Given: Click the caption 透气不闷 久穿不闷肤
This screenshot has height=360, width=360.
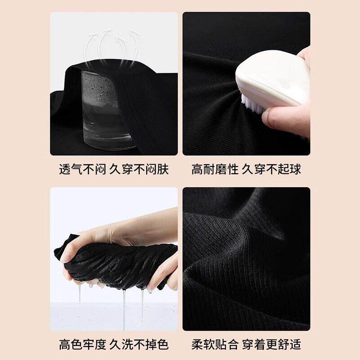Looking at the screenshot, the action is [114, 170].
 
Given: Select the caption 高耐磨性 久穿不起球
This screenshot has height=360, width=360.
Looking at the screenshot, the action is [246, 170].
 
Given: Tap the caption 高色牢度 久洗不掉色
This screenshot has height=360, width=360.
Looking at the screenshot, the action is [114, 344].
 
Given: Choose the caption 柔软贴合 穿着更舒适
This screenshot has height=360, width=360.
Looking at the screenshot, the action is [246, 344].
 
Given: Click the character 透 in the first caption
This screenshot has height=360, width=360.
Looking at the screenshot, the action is [65, 170].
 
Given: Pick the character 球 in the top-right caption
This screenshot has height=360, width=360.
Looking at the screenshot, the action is [295, 170].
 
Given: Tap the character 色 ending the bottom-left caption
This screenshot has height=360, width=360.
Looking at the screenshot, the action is [163, 344].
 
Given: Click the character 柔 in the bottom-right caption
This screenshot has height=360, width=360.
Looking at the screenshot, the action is [198, 344].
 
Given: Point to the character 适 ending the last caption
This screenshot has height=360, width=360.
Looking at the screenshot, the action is [295, 344].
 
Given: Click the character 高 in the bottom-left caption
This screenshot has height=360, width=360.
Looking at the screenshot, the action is [65, 344].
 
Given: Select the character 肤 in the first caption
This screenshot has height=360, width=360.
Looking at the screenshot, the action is [163, 170].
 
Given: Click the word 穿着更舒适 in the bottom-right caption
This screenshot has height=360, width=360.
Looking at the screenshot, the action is [272, 344].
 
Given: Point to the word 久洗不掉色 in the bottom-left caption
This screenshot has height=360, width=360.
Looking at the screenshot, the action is [139, 344].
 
